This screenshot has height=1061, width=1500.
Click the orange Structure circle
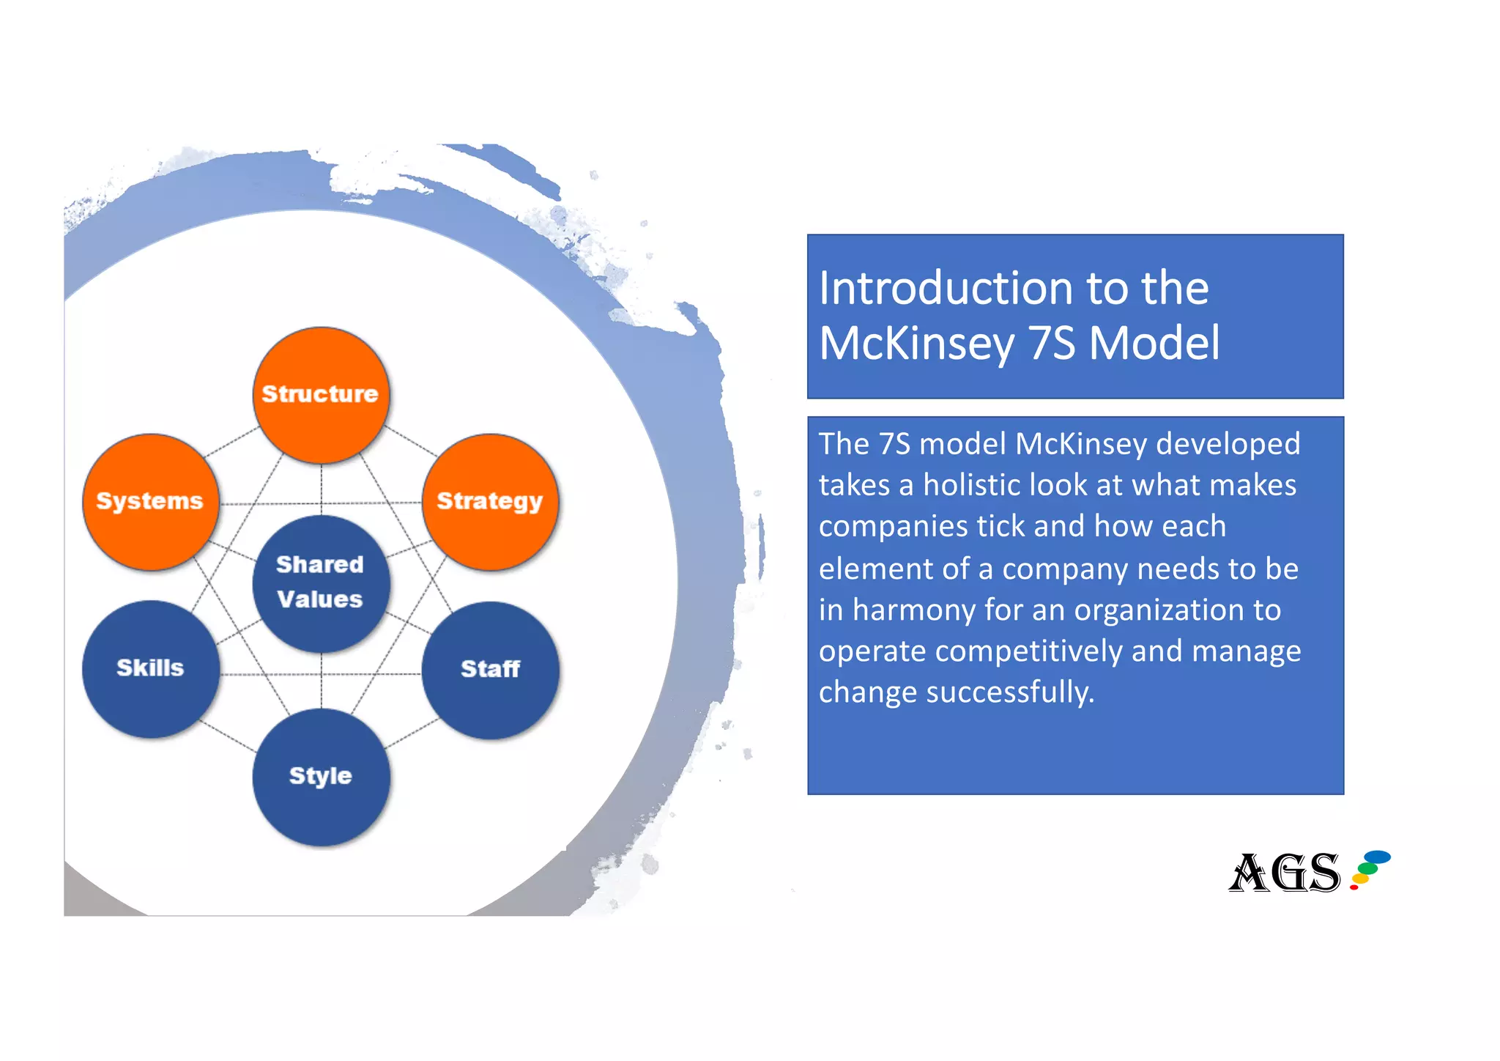coord(321,395)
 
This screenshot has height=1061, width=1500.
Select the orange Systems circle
coord(150,502)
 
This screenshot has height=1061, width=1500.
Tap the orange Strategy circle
coord(490,502)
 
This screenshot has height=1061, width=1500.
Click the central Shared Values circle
coord(321,583)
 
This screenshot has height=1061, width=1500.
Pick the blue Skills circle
coord(150,668)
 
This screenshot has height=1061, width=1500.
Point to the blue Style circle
coord(321,777)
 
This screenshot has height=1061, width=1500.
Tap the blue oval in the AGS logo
coord(1377,857)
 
